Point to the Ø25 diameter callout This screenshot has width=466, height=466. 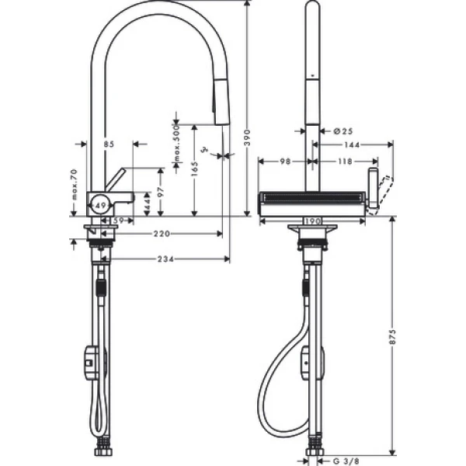pos(343,131)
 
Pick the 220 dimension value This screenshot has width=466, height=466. pos(161,233)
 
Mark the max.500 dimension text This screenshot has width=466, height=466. pos(177,147)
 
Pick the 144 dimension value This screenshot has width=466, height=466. pos(350,144)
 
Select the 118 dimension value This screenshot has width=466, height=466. pos(343,161)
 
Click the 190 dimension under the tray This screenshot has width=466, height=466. pos(312,221)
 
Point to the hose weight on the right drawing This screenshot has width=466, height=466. pos(308,362)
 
